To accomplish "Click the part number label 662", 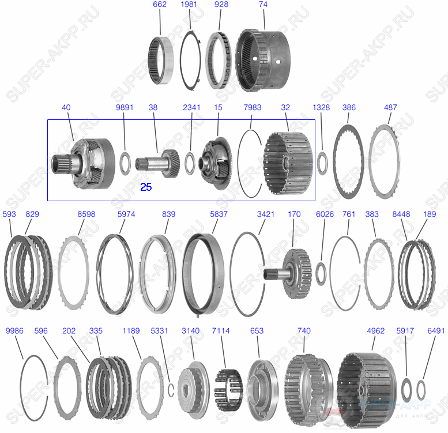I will coord(160,5).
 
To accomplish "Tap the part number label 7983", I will coord(253,108).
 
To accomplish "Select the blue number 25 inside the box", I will coord(146,187).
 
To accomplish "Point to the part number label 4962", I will coord(375,331).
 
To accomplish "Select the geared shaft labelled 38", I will coord(159,161).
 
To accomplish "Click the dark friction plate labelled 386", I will coord(348,159).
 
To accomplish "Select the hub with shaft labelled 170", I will coord(291,270).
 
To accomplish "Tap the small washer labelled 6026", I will coord(321,272).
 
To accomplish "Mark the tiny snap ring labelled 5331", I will coord(171,390).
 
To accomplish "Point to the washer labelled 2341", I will coord(190,161).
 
